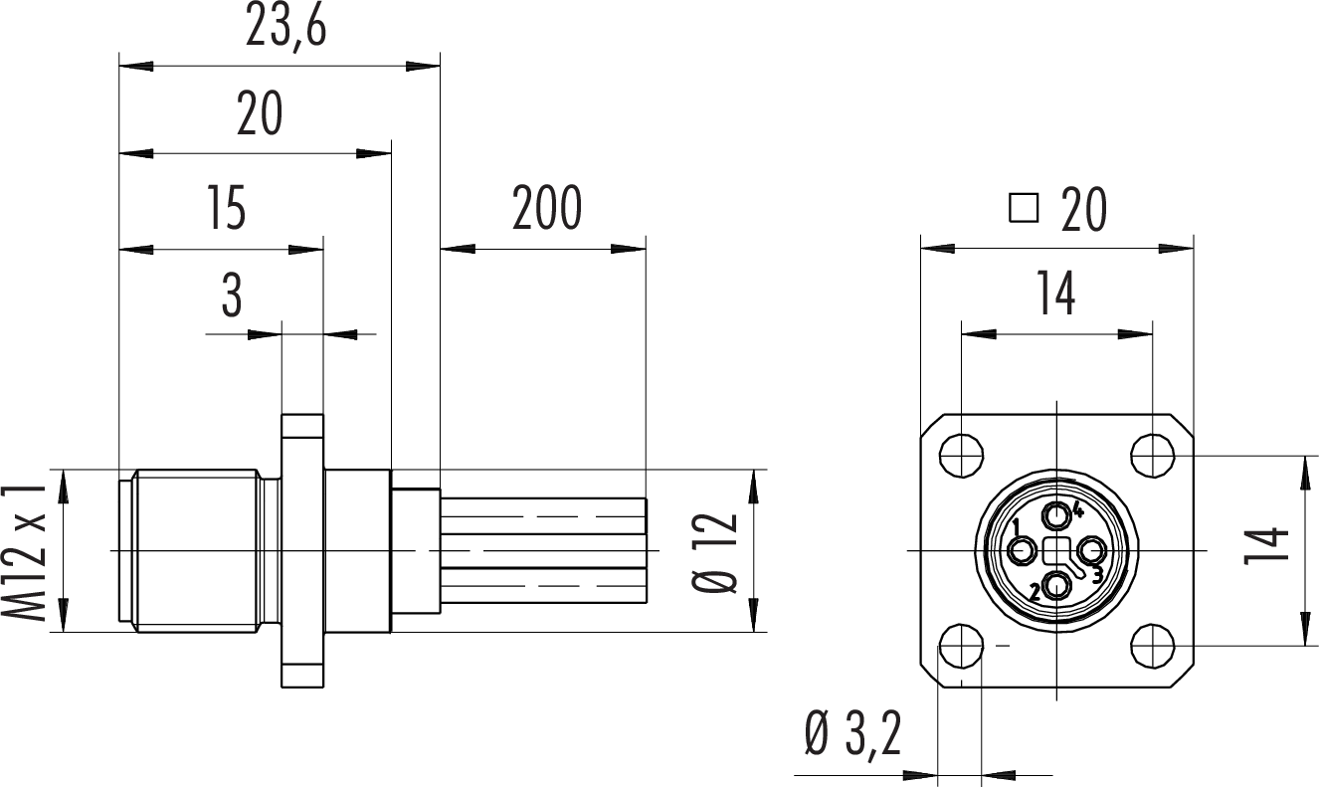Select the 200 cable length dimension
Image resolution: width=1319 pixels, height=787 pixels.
[546, 208]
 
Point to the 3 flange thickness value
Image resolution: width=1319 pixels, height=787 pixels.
[232, 295]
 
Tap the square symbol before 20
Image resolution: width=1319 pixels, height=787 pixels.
[1023, 208]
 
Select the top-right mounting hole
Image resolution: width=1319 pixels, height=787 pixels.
[1153, 455]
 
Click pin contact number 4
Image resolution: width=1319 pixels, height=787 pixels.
[1057, 515]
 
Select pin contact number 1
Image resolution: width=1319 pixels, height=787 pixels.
[1023, 550]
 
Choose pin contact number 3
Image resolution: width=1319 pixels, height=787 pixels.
[1091, 550]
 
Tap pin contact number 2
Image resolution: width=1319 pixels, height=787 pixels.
[1057, 586]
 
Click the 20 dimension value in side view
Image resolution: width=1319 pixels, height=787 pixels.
[260, 115]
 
